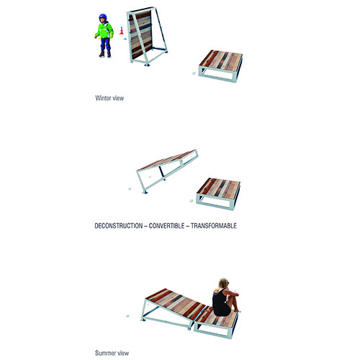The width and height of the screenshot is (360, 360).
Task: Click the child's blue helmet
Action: (x=102, y=17)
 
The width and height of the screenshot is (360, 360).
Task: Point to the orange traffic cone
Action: (x=122, y=31)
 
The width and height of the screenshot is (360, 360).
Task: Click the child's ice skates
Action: (x=105, y=53)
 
